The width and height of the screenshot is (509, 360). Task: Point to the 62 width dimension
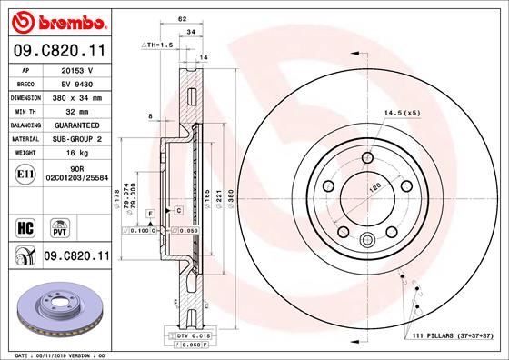click(182, 17)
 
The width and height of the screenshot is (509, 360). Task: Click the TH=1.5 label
click(159, 44)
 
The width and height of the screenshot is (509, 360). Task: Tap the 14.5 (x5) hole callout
click(404, 113)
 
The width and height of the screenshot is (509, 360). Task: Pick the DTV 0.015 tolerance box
click(188, 337)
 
